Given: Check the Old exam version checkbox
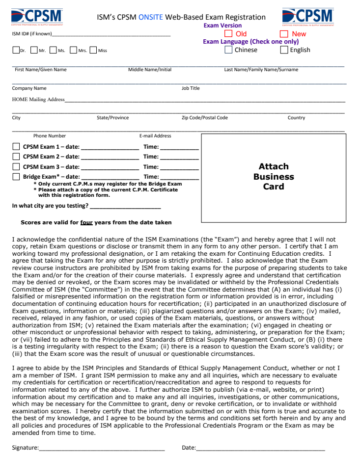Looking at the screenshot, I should tap(228, 34).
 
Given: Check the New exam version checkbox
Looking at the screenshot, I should tap(284, 34).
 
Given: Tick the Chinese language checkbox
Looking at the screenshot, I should tap(228, 50).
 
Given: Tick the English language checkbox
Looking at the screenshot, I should tap(284, 50).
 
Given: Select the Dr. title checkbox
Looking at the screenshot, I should tap(16, 50).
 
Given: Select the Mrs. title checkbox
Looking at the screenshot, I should tap(74, 50).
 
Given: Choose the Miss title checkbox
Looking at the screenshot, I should tap(93, 50).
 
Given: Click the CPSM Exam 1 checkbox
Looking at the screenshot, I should tap(16, 147).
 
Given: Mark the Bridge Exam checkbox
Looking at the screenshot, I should tap(16, 177).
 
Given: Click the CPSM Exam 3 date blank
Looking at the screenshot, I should tap(110, 168).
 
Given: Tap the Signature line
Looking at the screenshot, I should tap(102, 449).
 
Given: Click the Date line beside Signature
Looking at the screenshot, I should tap(260, 449).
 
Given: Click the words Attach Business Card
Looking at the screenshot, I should tap(274, 176).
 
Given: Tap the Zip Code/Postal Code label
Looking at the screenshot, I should tap(205, 118).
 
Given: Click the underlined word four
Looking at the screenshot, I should tap(86, 222).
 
